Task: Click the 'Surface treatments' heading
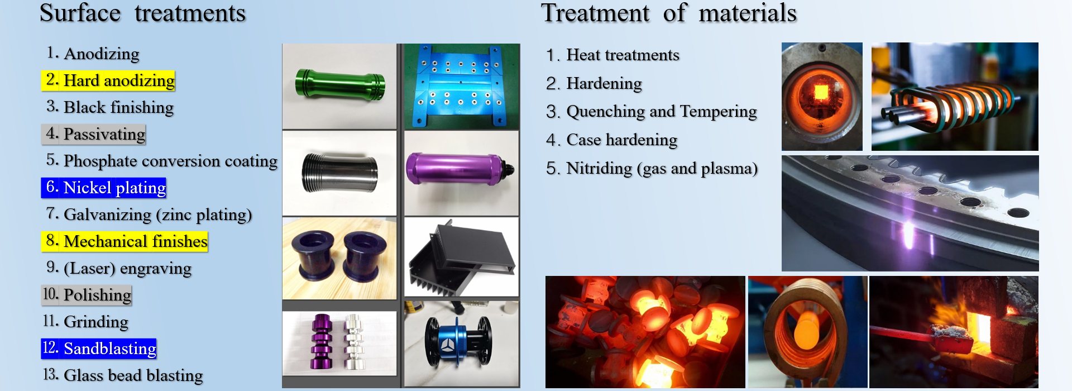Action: [142, 13]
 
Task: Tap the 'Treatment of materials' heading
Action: [669, 13]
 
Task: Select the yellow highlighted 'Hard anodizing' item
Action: [108, 80]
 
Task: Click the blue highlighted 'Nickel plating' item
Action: [104, 188]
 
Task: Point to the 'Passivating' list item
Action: [94, 134]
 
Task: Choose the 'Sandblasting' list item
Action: [99, 349]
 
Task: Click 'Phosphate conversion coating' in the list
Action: [161, 161]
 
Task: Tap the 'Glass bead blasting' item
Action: [123, 375]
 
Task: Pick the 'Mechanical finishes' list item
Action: [125, 241]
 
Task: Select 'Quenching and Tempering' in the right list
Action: [652, 112]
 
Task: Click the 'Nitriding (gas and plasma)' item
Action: [652, 168]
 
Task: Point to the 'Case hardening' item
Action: [612, 140]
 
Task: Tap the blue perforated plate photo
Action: [462, 86]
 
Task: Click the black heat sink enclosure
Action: [462, 259]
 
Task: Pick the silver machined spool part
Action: [353, 342]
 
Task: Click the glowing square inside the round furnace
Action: [821, 92]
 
